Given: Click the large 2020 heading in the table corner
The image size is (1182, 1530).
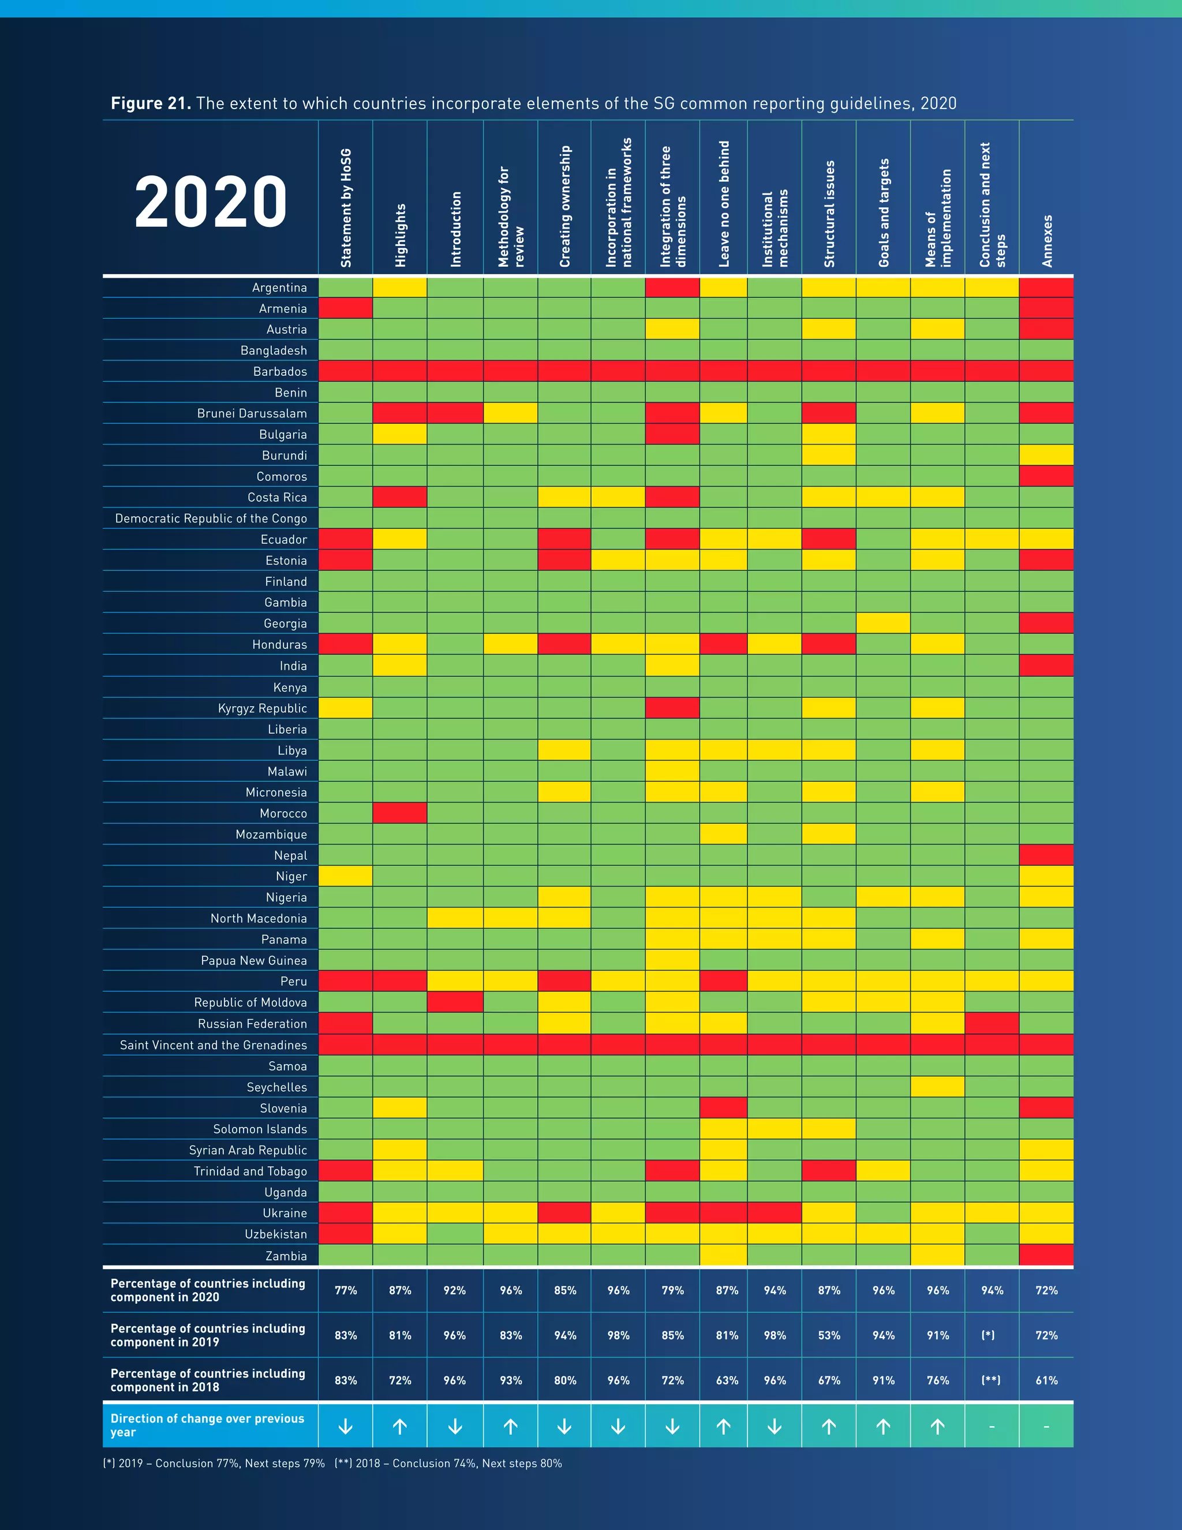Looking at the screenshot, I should [211, 201].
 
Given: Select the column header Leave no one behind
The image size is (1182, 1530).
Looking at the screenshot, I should [724, 204].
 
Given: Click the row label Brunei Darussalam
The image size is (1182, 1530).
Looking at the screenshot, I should [252, 413].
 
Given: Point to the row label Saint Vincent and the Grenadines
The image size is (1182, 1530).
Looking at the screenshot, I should [213, 1044].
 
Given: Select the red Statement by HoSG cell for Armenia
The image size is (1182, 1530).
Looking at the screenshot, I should [345, 308].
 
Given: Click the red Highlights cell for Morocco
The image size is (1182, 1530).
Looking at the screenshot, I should [400, 813].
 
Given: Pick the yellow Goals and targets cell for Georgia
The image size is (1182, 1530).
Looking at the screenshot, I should [883, 624].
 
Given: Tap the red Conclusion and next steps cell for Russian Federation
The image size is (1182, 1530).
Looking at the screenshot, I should [992, 1024].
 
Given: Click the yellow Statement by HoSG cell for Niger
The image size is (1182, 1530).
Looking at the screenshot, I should [345, 876].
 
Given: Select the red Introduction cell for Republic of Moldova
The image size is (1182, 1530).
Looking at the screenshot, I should [454, 1002].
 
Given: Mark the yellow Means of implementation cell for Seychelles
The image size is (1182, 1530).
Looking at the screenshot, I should [938, 1087].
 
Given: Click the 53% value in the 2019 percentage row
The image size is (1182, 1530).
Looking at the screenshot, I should [829, 1335].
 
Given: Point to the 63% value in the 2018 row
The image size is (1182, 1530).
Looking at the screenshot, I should [727, 1380].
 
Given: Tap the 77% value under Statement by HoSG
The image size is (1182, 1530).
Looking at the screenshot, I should [345, 1290].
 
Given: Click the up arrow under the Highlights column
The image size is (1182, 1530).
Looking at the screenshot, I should [400, 1425].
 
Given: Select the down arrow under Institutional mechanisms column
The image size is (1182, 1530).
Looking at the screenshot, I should [775, 1425].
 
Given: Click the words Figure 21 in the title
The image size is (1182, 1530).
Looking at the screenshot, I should [151, 104].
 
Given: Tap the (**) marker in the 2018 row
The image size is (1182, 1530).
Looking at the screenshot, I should [991, 1380].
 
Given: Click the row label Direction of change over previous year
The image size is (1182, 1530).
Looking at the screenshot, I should [207, 1425].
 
